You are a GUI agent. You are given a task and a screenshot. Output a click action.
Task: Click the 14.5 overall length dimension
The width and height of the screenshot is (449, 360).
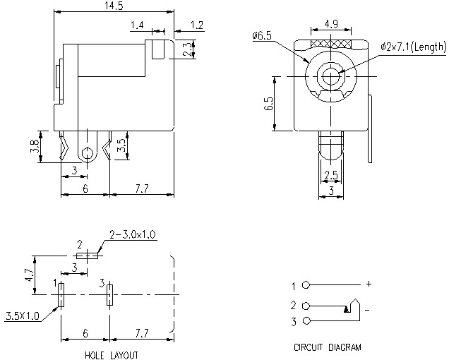click(114, 6)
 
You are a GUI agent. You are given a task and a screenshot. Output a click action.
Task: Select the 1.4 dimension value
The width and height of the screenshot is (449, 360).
click(136, 25)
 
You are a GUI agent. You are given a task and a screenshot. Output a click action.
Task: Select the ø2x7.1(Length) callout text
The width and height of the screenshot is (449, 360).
click(413, 47)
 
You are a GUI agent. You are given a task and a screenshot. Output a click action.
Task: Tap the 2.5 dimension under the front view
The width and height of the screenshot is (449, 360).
click(330, 175)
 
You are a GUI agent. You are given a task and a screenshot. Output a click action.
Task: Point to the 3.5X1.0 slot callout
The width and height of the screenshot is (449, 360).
click(22, 315)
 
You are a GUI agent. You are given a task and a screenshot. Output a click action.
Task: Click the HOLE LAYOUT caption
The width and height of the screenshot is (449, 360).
click(111, 354)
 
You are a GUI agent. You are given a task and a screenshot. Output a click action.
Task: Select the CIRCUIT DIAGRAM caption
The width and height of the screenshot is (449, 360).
click(327, 347)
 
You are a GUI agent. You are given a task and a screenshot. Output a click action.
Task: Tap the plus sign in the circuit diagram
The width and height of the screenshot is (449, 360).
click(368, 285)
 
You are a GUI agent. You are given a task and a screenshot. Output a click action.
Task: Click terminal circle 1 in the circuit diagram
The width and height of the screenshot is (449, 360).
click(305, 286)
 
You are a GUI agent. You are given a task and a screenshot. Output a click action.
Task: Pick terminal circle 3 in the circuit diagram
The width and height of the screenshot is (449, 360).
click(305, 322)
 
